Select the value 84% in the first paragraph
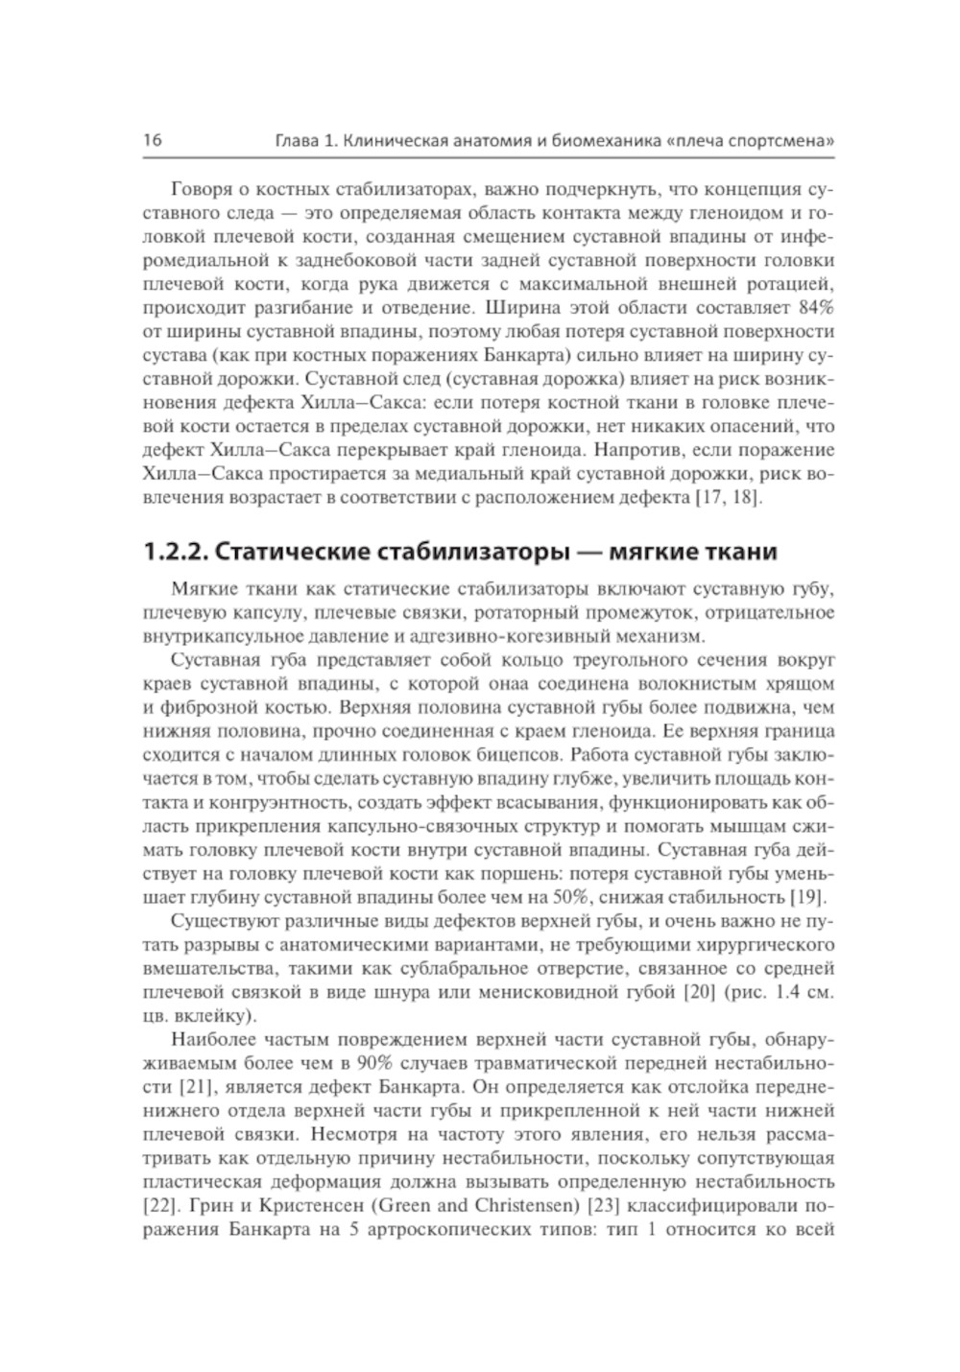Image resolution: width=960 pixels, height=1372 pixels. [815, 309]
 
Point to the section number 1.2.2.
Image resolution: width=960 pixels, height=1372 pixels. [176, 553]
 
